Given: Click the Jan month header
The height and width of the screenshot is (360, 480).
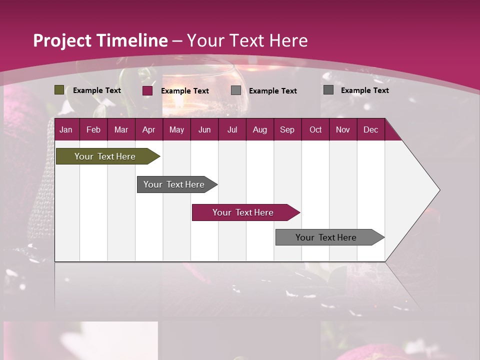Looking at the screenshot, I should pyautogui.click(x=66, y=129).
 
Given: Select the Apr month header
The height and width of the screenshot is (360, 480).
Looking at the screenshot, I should pyautogui.click(x=148, y=129).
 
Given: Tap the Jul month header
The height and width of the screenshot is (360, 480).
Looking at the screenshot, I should pyautogui.click(x=232, y=129).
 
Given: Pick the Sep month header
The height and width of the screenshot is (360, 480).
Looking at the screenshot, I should pyautogui.click(x=287, y=129).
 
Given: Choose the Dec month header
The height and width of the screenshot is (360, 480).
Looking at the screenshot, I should pyautogui.click(x=370, y=129).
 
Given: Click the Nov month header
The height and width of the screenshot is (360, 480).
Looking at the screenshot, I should pyautogui.click(x=342, y=129).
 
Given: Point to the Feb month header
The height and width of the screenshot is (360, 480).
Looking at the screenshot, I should pyautogui.click(x=93, y=129).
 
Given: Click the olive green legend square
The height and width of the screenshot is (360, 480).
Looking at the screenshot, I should pyautogui.click(x=59, y=90).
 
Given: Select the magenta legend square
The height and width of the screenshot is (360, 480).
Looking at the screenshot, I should pyautogui.click(x=147, y=90).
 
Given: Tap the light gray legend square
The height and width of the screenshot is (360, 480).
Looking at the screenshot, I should pyautogui.click(x=236, y=90).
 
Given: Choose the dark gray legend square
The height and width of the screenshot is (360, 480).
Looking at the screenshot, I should pyautogui.click(x=328, y=90).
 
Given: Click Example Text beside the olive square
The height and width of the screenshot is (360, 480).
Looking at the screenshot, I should pyautogui.click(x=97, y=90).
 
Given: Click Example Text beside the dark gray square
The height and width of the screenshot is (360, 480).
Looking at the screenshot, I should pyautogui.click(x=364, y=90).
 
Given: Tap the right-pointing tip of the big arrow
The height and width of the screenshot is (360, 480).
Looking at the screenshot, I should pyautogui.click(x=438, y=190).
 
